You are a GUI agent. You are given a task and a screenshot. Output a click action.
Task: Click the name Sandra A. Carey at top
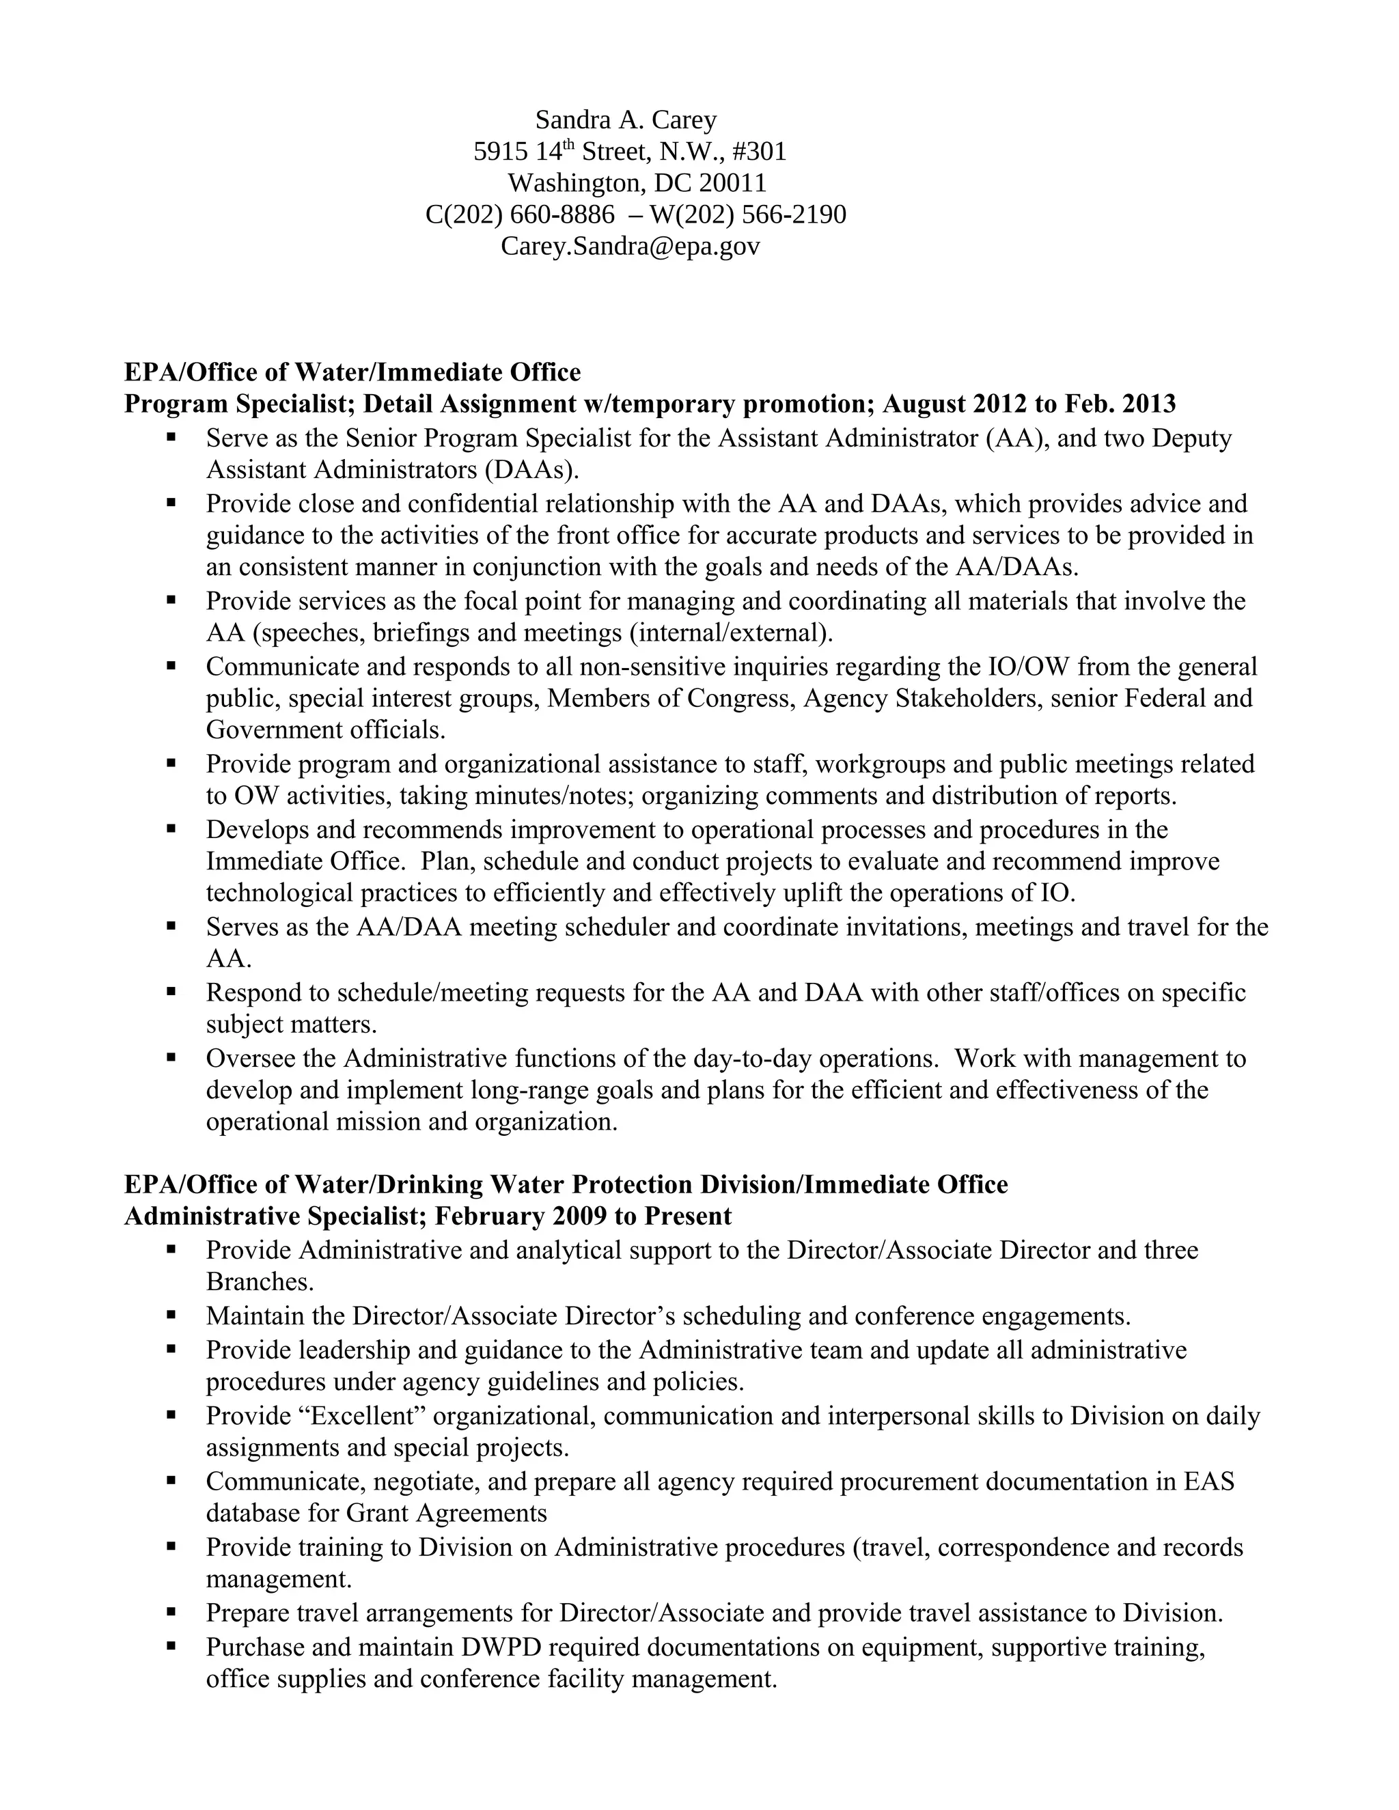[626, 120]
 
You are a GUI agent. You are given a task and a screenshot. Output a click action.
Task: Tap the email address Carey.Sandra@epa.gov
[630, 246]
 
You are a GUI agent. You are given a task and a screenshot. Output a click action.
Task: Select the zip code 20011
[733, 183]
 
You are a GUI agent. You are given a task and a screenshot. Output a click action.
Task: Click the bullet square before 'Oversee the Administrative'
[171, 1057]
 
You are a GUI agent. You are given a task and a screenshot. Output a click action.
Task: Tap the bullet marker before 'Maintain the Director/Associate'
[171, 1315]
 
